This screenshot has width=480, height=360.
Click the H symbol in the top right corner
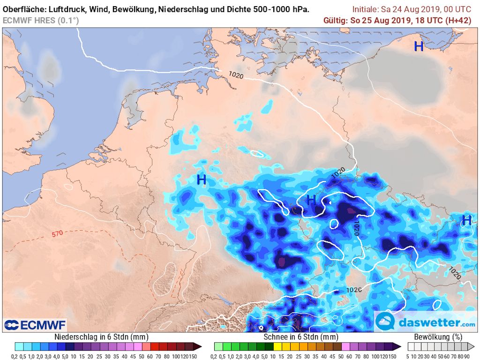pyautogui.click(x=419, y=46)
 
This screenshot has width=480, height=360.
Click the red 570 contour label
pyautogui.click(x=57, y=233)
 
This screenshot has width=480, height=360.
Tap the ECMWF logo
pyautogui.click(x=35, y=324)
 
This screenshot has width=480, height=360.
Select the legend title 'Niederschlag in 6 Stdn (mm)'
pyautogui.click(x=95, y=337)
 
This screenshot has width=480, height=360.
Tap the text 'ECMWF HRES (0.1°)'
pyautogui.click(x=41, y=20)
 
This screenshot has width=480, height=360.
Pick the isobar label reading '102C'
pyautogui.click(x=354, y=289)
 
